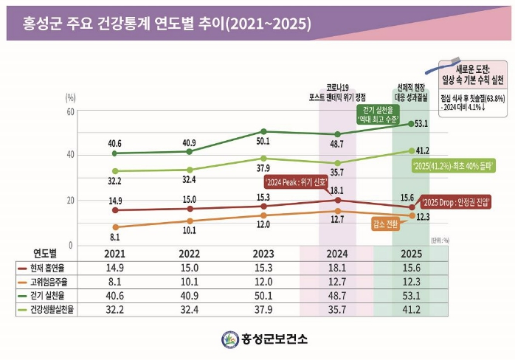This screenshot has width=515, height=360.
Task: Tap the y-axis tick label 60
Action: [x=70, y=111]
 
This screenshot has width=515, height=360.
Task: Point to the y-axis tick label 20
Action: [x=70, y=200]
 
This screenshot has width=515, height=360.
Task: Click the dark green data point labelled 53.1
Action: [x=412, y=124]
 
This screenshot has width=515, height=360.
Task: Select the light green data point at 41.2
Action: [x=412, y=150]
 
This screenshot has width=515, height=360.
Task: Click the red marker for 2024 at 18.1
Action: [x=338, y=200]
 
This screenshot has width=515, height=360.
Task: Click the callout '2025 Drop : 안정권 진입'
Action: [x=454, y=201]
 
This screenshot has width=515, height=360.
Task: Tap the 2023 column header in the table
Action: [x=263, y=255]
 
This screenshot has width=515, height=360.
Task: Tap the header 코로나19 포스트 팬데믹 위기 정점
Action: [x=338, y=92]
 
